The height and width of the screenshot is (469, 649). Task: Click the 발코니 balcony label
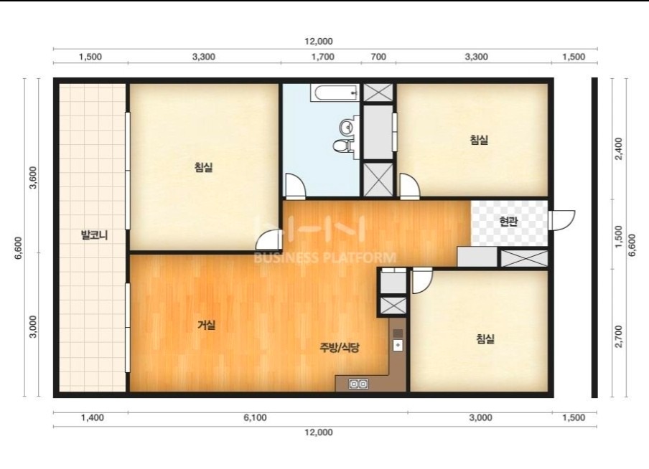94,235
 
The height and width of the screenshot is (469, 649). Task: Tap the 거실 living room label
206,325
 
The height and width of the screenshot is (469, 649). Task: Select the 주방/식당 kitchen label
339,347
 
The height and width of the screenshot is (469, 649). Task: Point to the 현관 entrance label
508,222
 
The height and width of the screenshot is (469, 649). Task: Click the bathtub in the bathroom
335,93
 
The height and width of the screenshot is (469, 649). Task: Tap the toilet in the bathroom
342,145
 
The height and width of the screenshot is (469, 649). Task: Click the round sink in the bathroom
345,126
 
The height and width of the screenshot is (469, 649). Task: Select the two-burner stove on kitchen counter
358,384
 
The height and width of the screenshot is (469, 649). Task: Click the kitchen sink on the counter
398,344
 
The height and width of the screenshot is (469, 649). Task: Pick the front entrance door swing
561,220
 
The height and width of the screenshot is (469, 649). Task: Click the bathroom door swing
295,186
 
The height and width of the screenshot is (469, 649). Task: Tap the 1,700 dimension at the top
323,57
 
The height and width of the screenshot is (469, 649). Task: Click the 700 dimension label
378,57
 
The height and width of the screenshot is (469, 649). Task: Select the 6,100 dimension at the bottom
255,417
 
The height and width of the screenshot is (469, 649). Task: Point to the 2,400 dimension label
619,149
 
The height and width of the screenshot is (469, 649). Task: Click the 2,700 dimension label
619,336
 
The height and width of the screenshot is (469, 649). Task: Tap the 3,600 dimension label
33,177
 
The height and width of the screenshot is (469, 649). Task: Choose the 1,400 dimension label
93,417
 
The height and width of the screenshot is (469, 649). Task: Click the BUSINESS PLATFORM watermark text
325,257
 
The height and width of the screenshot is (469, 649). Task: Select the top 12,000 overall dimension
319,42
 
